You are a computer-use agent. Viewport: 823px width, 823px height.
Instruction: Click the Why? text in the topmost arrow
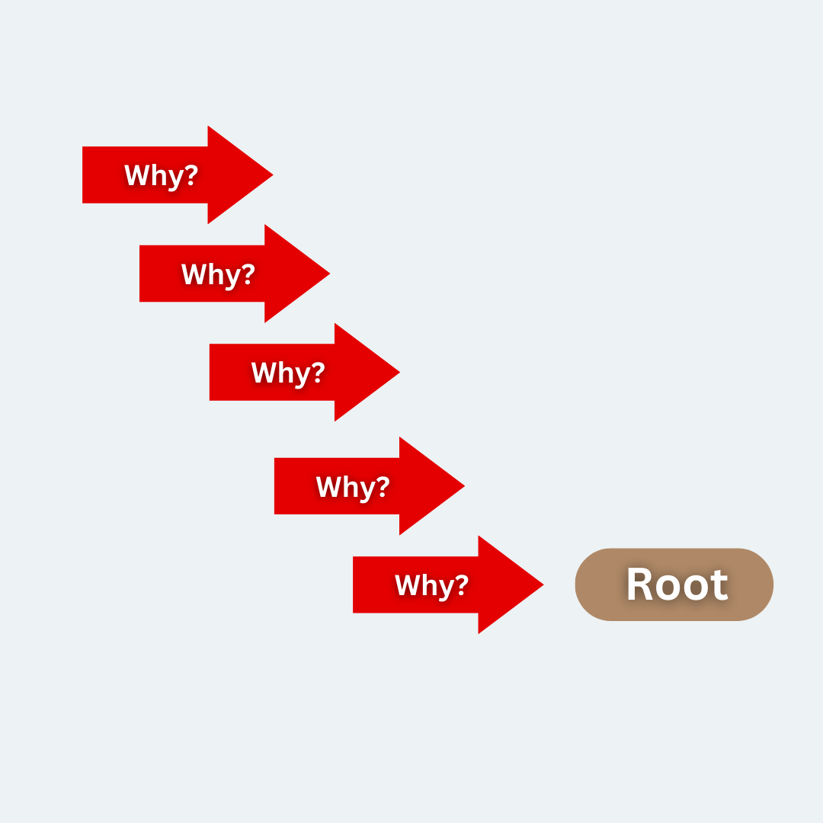(162, 175)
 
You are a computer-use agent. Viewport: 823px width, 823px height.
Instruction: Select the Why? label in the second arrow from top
(219, 274)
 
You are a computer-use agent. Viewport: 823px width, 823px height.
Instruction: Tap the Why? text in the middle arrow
(288, 373)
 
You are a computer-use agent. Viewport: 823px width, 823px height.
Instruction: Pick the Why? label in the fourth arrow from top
(353, 486)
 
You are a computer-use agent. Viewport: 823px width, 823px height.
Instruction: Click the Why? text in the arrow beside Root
(431, 585)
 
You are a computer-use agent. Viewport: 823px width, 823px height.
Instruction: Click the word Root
(677, 584)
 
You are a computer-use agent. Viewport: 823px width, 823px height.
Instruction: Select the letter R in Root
(639, 584)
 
